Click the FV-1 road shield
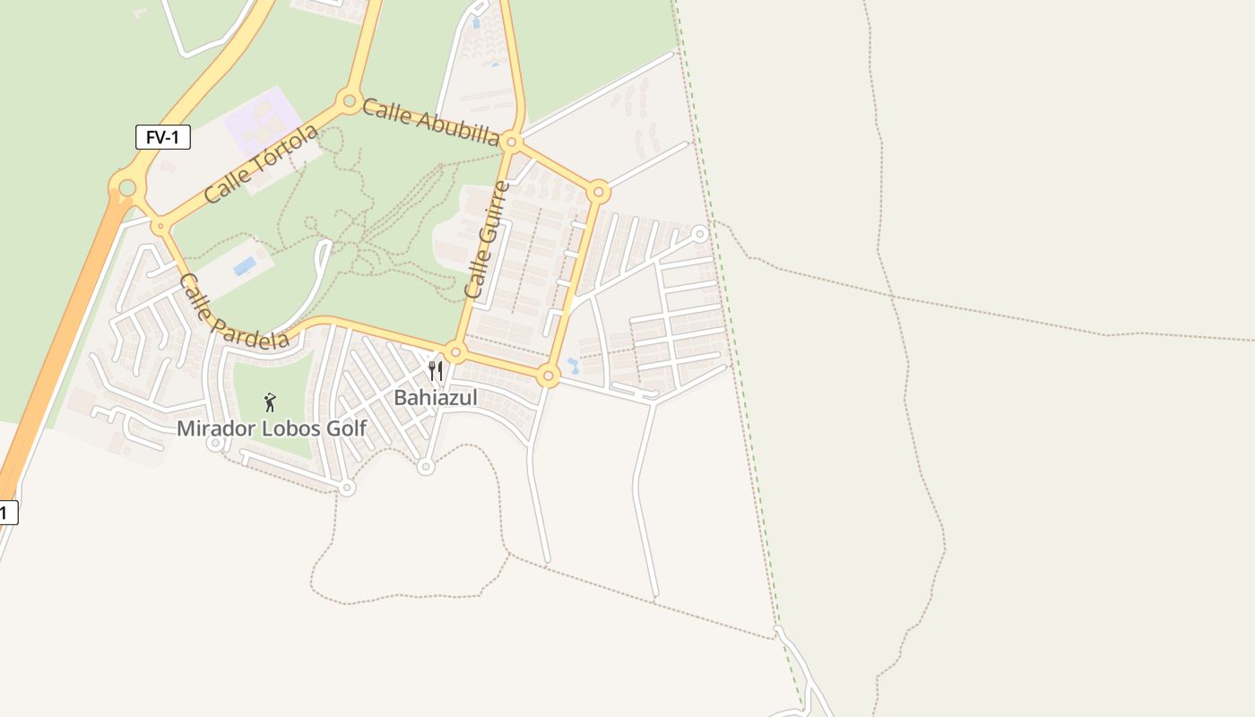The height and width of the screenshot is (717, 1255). (x=163, y=137)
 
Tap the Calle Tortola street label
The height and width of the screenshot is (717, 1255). (x=261, y=164)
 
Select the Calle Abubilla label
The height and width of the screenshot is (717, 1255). (x=430, y=123)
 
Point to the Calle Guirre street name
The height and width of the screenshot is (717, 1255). (x=488, y=240)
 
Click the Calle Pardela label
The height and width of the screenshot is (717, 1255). (x=233, y=311)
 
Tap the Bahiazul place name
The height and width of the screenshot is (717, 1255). (x=436, y=397)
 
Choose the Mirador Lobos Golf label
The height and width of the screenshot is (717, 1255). (x=272, y=428)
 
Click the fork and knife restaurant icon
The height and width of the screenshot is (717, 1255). (x=436, y=370)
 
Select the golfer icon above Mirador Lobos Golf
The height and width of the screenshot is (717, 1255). (x=270, y=402)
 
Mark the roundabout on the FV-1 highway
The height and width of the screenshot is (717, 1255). (x=127, y=187)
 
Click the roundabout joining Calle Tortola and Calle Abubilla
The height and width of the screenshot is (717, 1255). (x=349, y=100)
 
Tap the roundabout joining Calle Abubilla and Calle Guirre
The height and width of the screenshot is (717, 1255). (x=512, y=142)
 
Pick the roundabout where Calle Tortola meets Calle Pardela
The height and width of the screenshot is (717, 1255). (x=160, y=226)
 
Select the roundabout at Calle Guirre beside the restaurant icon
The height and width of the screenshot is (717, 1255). (x=455, y=352)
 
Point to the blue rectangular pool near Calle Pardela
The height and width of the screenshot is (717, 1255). (x=244, y=266)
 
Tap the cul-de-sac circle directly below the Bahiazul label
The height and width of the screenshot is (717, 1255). (x=426, y=466)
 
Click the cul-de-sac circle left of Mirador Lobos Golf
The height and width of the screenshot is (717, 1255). (x=214, y=442)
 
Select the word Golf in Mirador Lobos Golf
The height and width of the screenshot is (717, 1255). (x=347, y=428)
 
